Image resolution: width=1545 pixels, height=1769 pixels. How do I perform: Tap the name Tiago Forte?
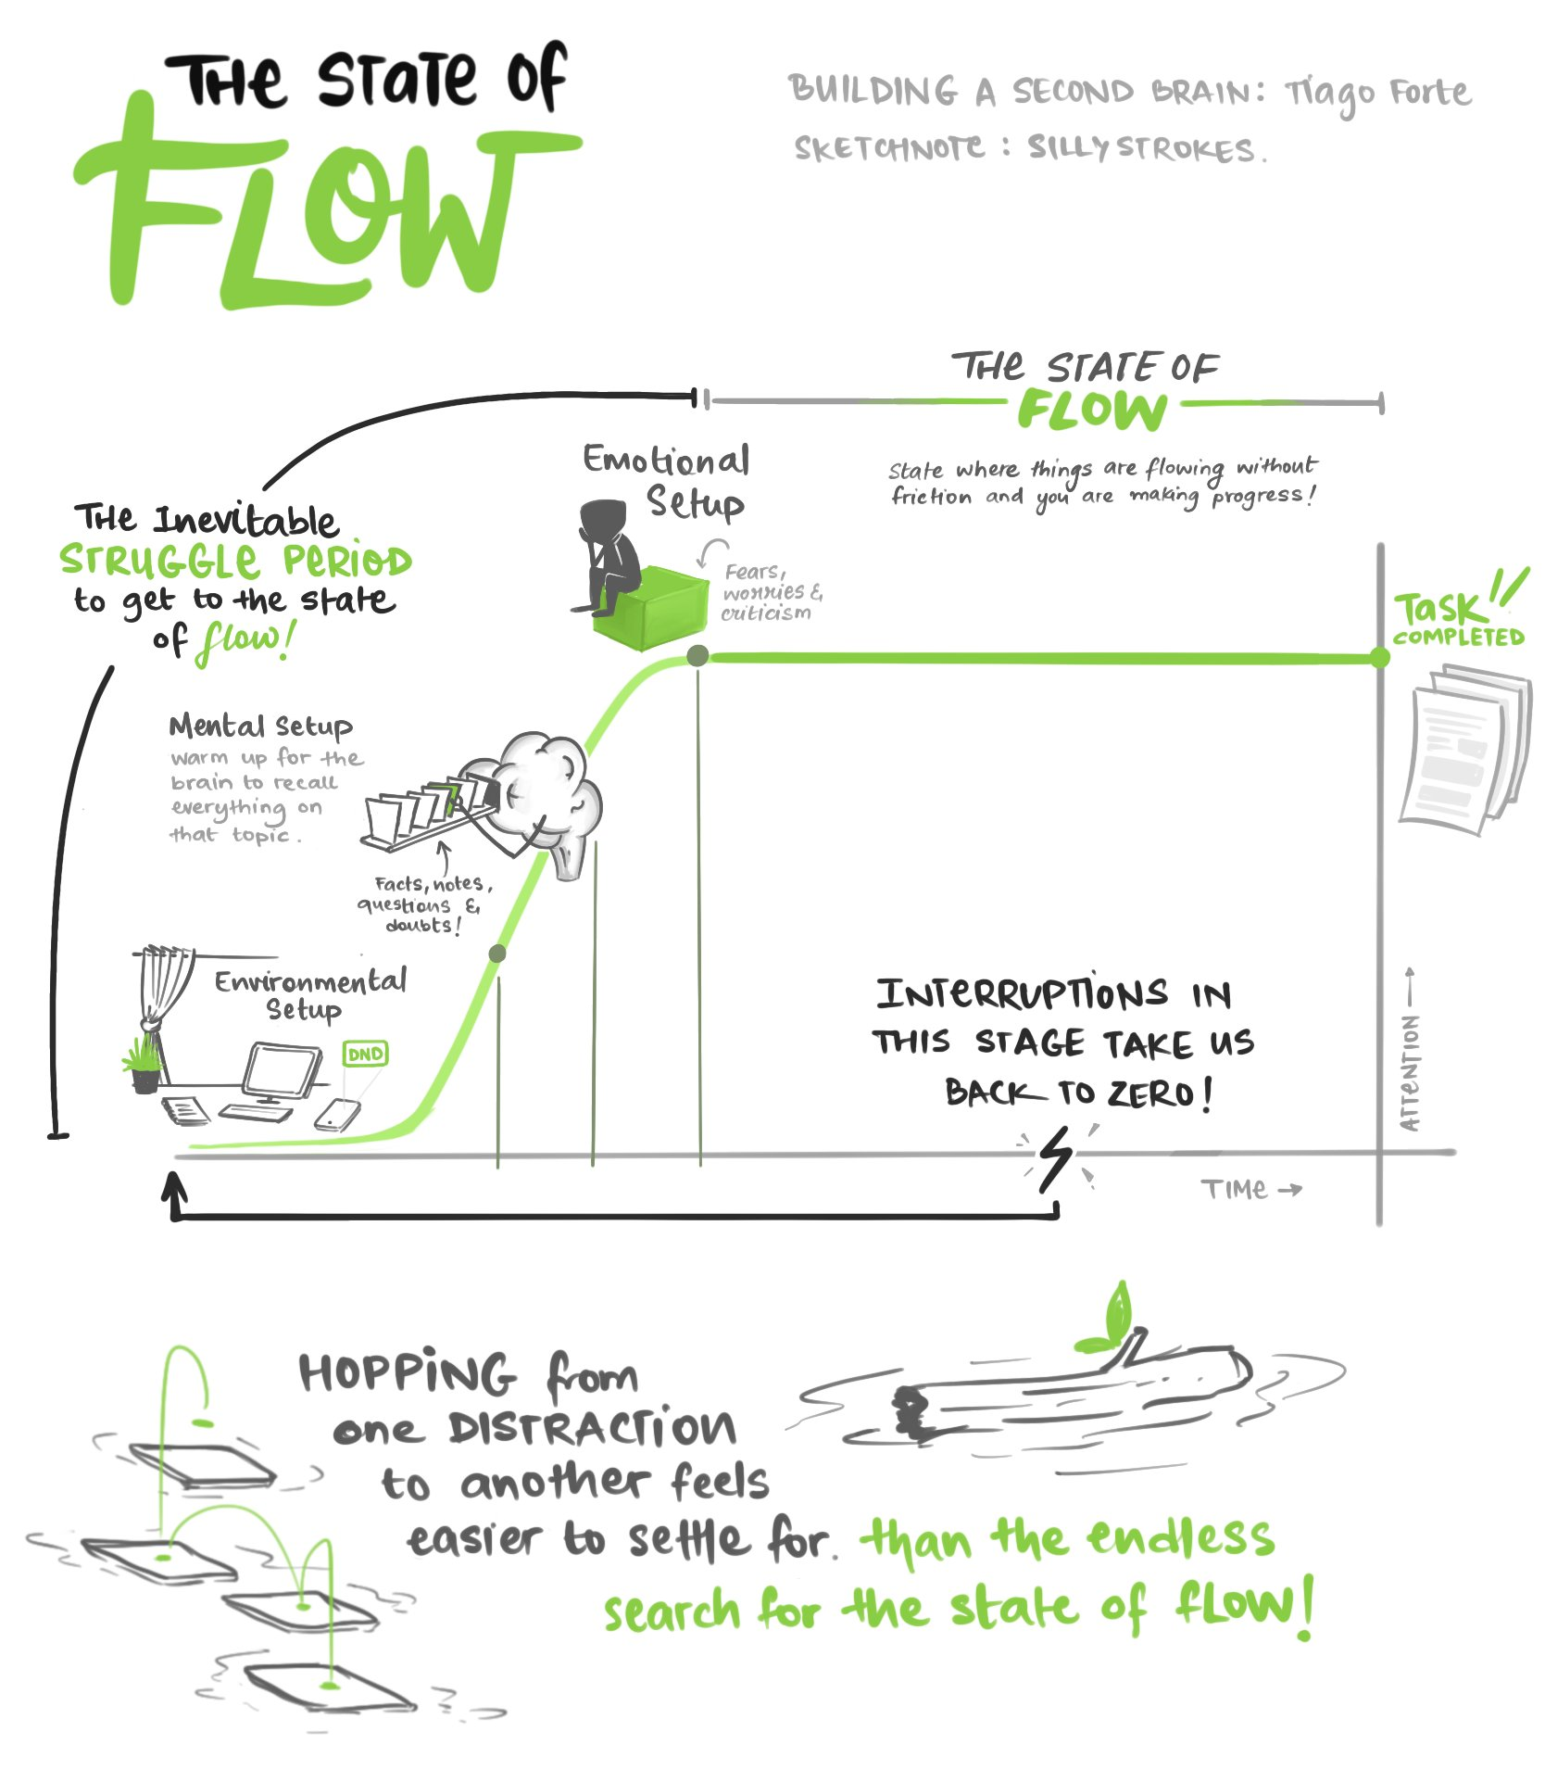1377,94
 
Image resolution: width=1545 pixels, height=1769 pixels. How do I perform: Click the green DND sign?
365,1054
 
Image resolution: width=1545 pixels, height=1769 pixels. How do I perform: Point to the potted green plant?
144,1066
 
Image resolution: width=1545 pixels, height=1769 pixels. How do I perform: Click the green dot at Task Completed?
1380,658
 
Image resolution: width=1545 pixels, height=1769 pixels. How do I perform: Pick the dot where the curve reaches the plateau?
697,656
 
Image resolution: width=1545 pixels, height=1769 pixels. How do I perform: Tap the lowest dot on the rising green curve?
497,954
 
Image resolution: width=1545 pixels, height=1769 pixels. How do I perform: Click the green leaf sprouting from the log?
1116,1311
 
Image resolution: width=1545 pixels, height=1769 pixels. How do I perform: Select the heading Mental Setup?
260,727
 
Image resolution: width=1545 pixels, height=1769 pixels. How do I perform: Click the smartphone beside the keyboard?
337,1114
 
